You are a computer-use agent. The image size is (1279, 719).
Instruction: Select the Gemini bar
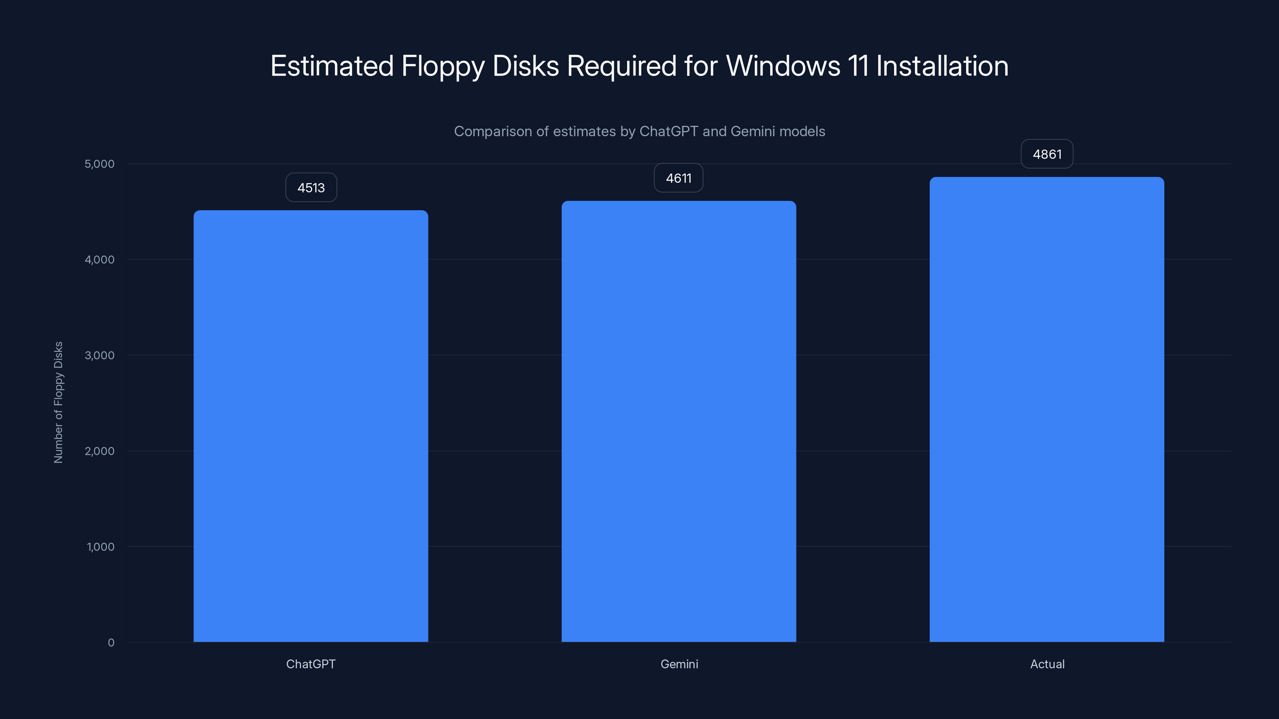click(679, 421)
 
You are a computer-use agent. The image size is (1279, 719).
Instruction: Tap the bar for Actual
click(1047, 409)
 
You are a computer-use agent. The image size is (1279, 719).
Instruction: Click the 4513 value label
click(311, 188)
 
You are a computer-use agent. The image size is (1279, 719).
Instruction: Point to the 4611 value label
click(679, 178)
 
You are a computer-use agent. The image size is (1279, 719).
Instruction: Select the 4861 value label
click(1047, 154)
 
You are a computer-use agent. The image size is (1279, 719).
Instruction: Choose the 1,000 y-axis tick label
click(100, 547)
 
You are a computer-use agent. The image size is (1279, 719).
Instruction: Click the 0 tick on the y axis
click(111, 643)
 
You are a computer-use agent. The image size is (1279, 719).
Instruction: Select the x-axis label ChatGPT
click(311, 664)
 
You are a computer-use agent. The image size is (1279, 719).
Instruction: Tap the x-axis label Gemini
click(679, 664)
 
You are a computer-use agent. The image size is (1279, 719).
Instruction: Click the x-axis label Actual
click(1047, 664)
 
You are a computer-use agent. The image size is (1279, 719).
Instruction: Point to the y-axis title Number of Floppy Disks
click(58, 402)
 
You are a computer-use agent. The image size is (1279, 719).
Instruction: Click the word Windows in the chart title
click(783, 66)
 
